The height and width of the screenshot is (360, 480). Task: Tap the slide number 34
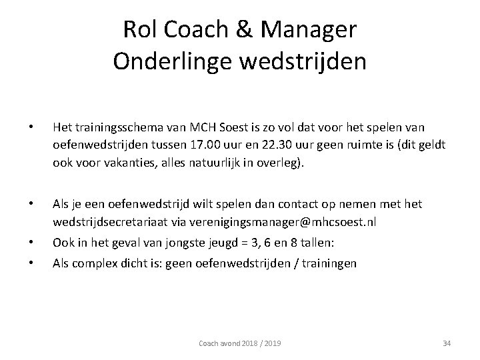tap(447, 343)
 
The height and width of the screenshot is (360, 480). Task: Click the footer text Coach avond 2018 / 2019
tap(240, 343)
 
